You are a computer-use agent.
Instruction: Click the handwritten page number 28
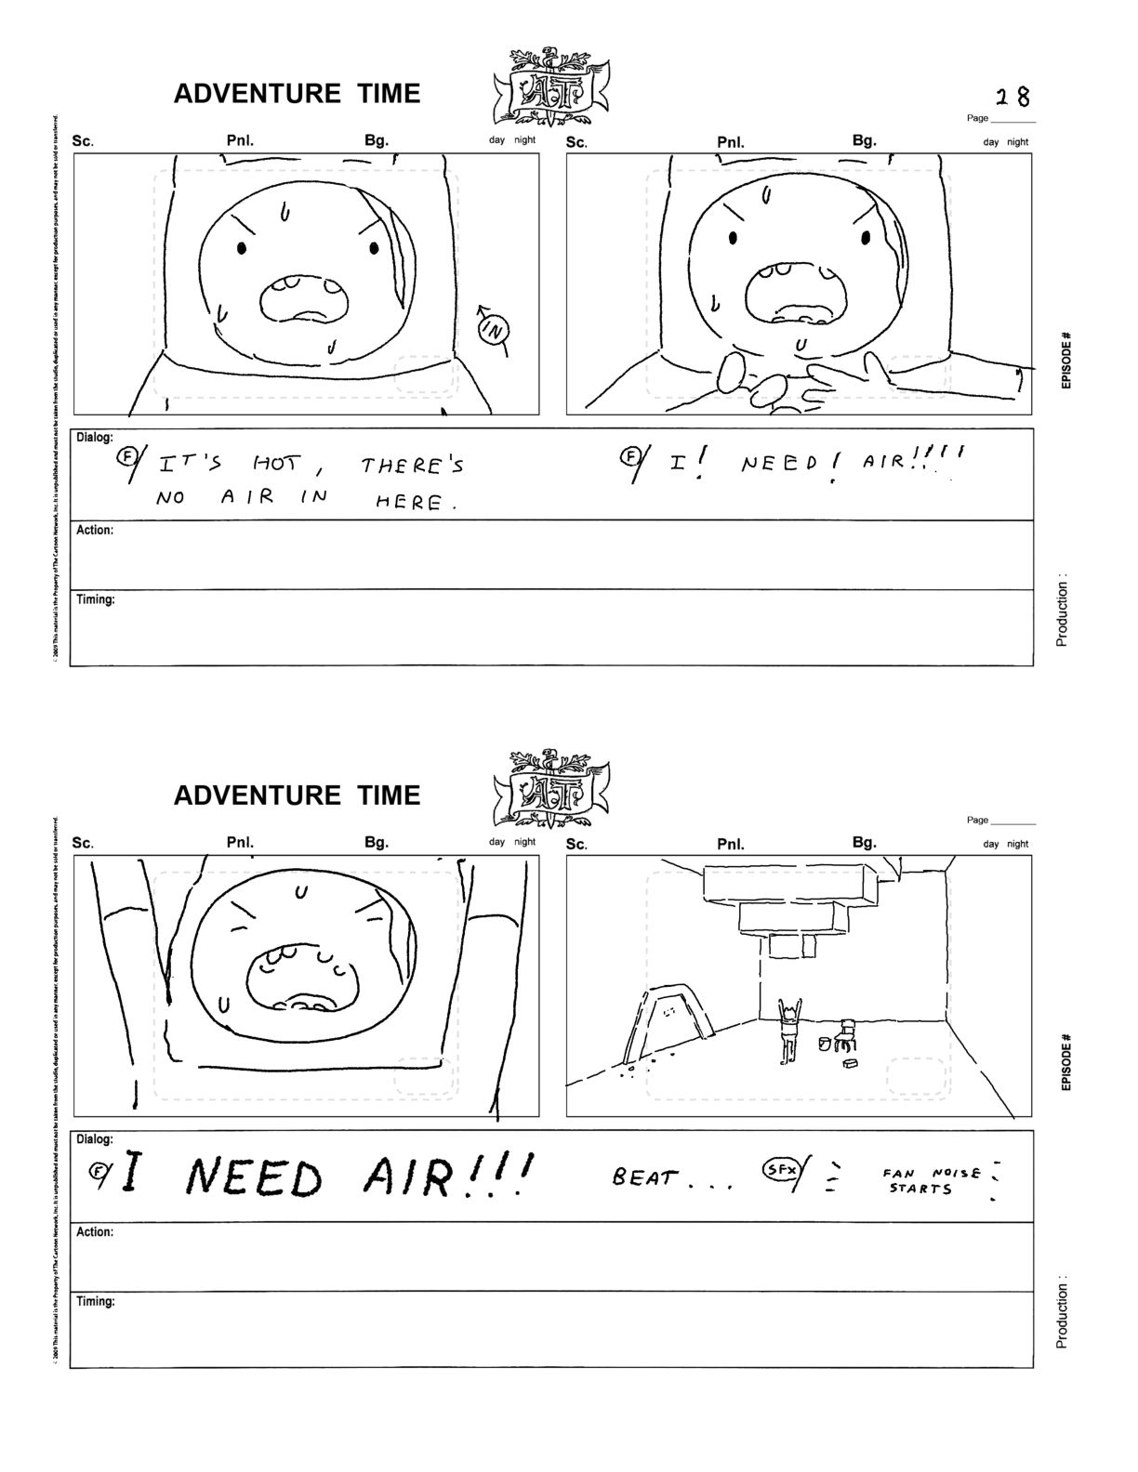point(1012,97)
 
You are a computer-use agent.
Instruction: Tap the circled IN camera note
point(495,328)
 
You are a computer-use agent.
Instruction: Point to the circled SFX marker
point(778,1168)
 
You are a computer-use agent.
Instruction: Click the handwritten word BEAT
point(644,1177)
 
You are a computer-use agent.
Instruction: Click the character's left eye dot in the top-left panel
point(243,248)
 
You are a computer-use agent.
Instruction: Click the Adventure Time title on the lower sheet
point(297,795)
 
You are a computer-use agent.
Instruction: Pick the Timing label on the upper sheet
point(96,600)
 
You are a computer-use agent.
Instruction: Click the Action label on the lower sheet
point(95,1232)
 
